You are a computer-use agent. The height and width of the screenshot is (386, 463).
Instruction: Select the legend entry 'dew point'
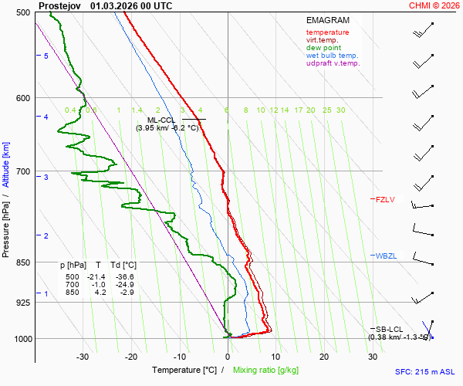pos(323,48)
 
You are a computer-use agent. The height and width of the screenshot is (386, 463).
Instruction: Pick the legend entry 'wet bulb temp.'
pos(332,56)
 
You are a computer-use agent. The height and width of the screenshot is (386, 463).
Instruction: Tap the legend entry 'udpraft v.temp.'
pos(333,63)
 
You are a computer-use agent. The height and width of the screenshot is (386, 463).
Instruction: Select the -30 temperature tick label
pos(83,357)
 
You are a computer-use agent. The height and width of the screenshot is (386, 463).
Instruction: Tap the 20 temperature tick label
pos(324,357)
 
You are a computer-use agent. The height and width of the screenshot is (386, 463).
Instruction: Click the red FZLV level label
pos(384,200)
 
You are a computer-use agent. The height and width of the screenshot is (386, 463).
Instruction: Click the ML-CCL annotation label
pos(163,120)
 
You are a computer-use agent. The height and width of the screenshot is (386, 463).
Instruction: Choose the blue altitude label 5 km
pos(46,56)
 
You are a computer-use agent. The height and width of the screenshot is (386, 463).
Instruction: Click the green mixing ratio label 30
pos(340,110)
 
